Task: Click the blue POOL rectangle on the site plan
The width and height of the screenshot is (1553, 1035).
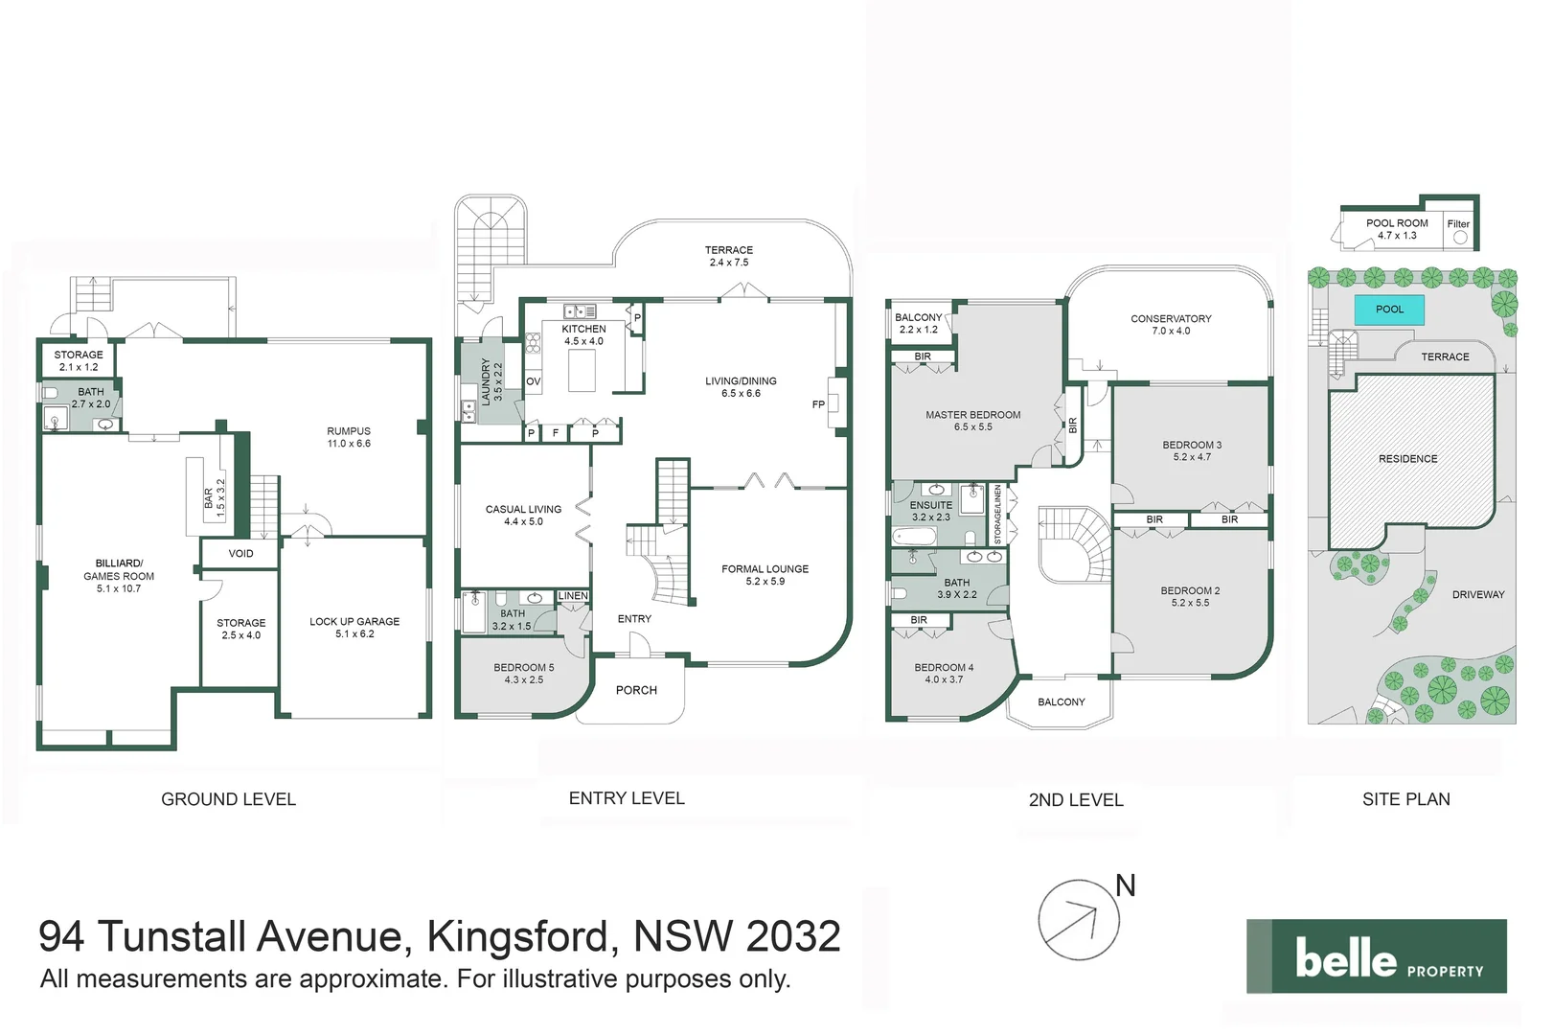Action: (x=1388, y=310)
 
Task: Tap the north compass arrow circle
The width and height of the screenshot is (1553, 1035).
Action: (x=1079, y=920)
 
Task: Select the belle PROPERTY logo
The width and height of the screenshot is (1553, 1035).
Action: (x=1376, y=956)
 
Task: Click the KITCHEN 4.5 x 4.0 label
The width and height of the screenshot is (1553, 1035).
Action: (x=583, y=334)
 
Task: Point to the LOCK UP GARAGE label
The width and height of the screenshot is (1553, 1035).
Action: (x=354, y=627)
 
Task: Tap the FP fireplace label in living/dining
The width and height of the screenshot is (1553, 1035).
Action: (x=818, y=404)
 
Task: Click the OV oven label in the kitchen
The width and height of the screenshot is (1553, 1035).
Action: (x=534, y=381)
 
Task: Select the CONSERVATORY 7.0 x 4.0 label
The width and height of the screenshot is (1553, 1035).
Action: (x=1171, y=324)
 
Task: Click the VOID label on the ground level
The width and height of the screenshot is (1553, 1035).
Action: (x=240, y=553)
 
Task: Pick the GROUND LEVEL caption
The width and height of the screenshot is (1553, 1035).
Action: (x=228, y=798)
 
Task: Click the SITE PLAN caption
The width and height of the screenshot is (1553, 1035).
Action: (x=1405, y=798)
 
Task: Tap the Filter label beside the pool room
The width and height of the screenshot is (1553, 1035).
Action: (x=1458, y=224)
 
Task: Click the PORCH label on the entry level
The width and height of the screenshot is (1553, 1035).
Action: (x=636, y=690)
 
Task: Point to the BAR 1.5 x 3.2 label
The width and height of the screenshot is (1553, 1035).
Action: (x=215, y=498)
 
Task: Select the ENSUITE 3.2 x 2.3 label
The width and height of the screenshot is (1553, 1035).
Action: (x=931, y=510)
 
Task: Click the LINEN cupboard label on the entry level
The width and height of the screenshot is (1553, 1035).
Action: (x=573, y=596)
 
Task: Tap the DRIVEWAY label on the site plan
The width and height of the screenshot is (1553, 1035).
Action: (x=1477, y=594)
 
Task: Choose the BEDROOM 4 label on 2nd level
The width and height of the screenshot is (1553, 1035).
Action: (x=943, y=673)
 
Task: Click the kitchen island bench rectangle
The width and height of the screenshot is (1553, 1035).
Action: (x=582, y=371)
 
